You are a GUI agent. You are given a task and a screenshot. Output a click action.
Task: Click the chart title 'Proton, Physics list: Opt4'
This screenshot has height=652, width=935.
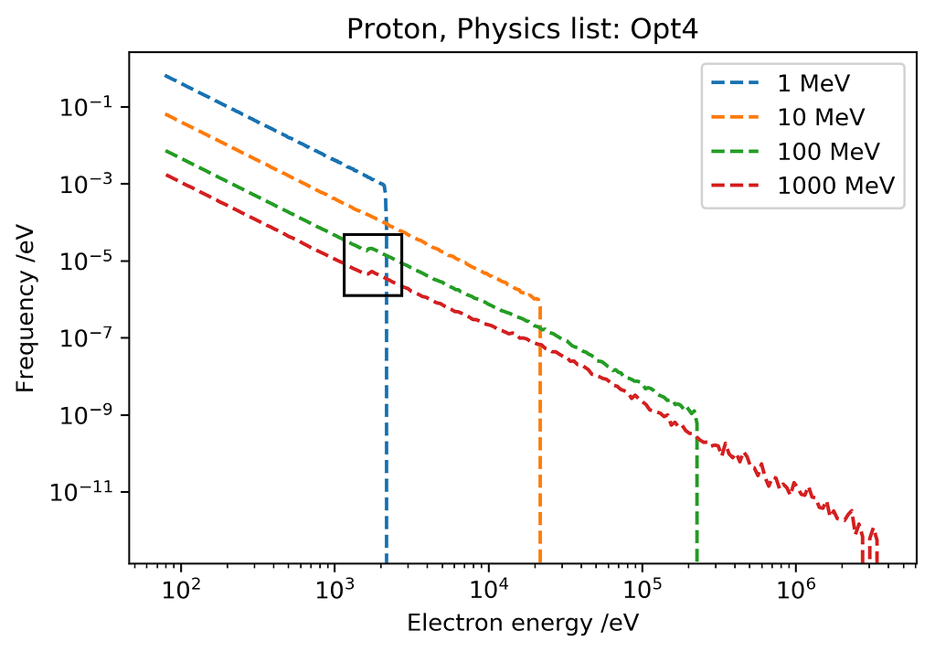click(x=522, y=29)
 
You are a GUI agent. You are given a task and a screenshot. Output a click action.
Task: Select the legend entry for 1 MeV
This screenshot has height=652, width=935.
click(x=813, y=83)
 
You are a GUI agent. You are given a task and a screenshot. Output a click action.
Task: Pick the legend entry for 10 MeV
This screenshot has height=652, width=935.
click(x=820, y=117)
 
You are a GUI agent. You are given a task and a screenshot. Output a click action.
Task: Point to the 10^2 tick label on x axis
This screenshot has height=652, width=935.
click(x=181, y=586)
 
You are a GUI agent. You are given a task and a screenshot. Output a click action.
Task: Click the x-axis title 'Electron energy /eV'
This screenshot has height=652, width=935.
click(x=522, y=624)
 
